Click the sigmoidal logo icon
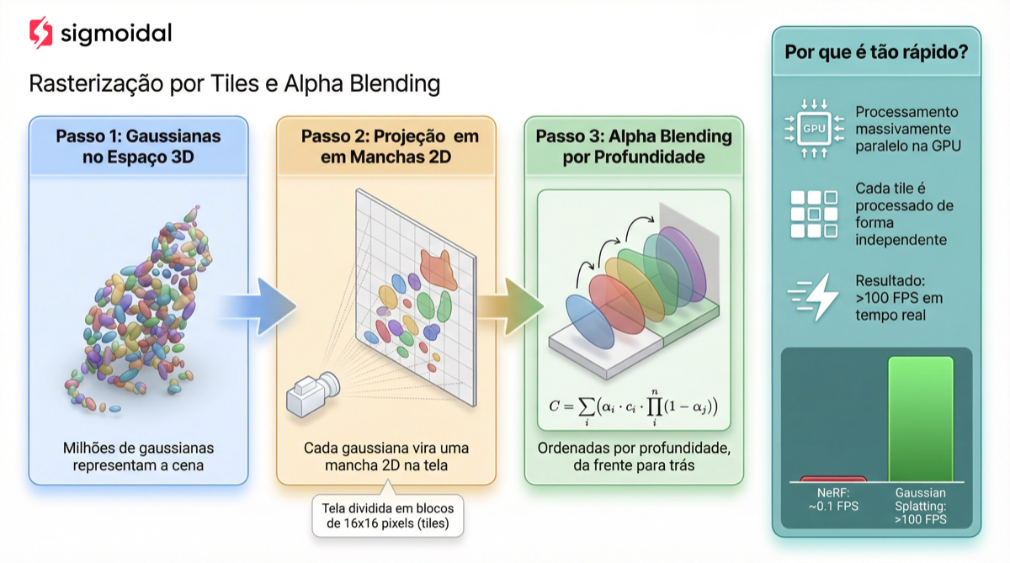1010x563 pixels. (40, 33)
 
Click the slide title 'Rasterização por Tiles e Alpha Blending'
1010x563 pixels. (235, 84)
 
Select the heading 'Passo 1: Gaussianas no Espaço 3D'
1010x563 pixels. (139, 146)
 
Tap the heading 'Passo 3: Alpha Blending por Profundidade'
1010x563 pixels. (634, 146)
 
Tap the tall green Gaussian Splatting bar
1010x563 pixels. (921, 417)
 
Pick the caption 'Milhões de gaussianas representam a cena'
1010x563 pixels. (138, 456)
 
